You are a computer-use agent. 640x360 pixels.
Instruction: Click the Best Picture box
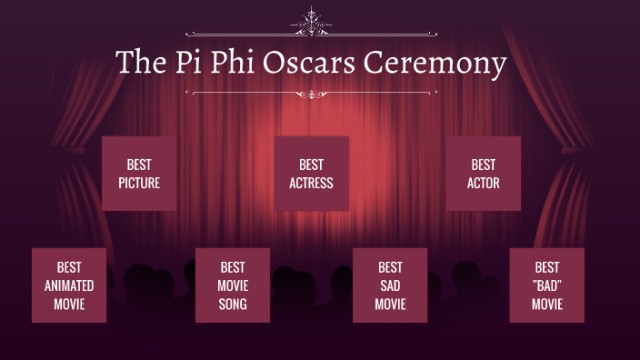click(x=139, y=174)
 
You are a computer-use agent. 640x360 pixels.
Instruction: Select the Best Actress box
click(x=311, y=174)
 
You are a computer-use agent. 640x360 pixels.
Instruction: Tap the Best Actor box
click(x=483, y=174)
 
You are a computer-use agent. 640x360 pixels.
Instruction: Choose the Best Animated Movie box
click(x=69, y=285)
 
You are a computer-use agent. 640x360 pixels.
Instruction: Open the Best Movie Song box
click(x=233, y=285)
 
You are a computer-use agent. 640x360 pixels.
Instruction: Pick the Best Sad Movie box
click(x=390, y=285)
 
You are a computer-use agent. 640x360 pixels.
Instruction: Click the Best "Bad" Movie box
click(x=546, y=285)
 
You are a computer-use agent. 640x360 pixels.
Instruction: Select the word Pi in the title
click(x=177, y=63)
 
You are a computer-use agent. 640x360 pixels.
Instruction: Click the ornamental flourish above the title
click(x=312, y=22)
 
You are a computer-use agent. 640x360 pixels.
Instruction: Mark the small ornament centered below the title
click(x=312, y=93)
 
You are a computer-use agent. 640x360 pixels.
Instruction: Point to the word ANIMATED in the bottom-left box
click(x=69, y=285)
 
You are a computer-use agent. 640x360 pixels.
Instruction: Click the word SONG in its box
click(x=233, y=304)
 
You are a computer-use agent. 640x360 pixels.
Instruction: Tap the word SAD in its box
click(x=390, y=285)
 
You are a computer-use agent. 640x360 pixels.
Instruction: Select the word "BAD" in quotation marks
click(x=547, y=285)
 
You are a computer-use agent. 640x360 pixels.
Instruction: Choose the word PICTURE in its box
click(x=139, y=183)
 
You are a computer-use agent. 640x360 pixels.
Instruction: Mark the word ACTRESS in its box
click(x=311, y=183)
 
